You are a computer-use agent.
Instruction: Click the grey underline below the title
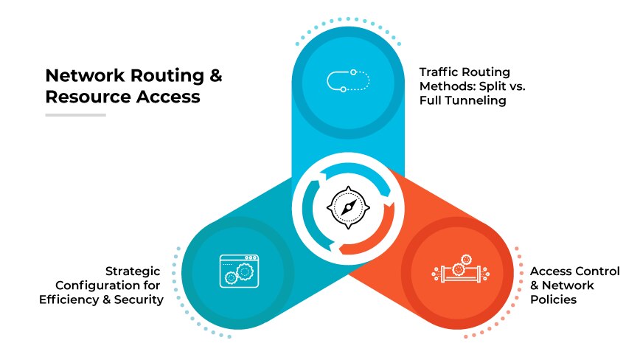click(x=75, y=115)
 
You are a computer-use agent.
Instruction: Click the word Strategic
click(x=134, y=271)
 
